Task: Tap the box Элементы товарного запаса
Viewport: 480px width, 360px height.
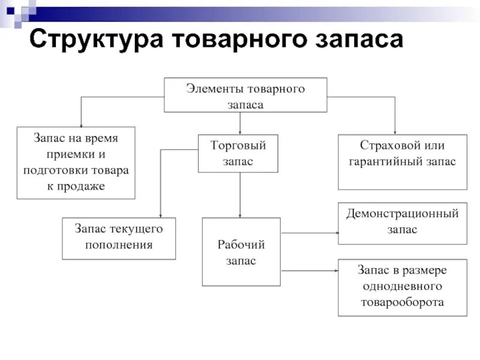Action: coord(245,95)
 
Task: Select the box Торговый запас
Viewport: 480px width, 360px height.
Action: coord(238,153)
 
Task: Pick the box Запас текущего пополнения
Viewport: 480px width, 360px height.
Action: coord(119,238)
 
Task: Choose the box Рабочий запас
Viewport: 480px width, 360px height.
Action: coord(241,252)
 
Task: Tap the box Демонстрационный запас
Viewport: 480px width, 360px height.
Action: coord(402,223)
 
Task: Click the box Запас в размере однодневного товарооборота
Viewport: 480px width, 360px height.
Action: coord(402,287)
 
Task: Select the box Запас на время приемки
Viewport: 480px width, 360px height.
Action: coord(76,163)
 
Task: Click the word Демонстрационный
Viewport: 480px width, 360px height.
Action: coord(402,214)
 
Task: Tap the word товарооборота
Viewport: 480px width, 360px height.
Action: coord(402,302)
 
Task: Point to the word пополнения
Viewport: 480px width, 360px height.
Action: coord(119,245)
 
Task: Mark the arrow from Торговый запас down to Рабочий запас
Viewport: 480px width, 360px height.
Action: coord(240,195)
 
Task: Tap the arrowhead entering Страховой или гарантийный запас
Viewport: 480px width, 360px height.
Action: coord(395,131)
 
